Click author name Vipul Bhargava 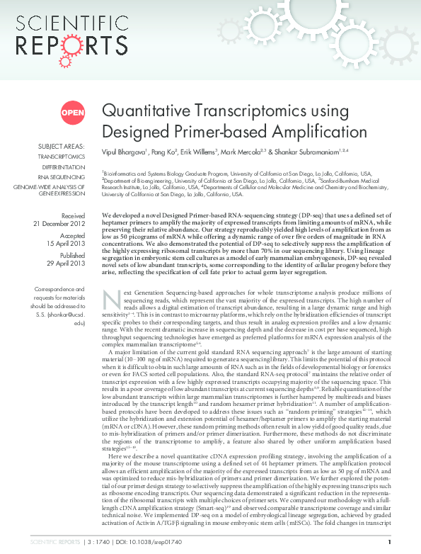[123, 152]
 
